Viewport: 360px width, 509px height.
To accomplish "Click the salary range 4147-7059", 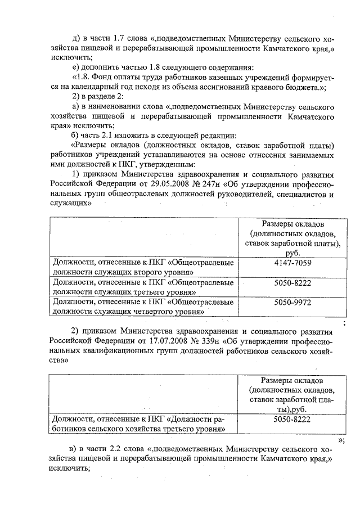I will coord(292,263).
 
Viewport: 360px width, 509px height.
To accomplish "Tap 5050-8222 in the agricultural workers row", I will coord(292,419).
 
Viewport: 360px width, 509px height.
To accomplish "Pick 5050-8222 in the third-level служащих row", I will coord(292,282).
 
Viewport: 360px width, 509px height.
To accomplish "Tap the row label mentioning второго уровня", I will coord(143,267).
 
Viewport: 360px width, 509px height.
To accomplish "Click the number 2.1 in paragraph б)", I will coord(104,135).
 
